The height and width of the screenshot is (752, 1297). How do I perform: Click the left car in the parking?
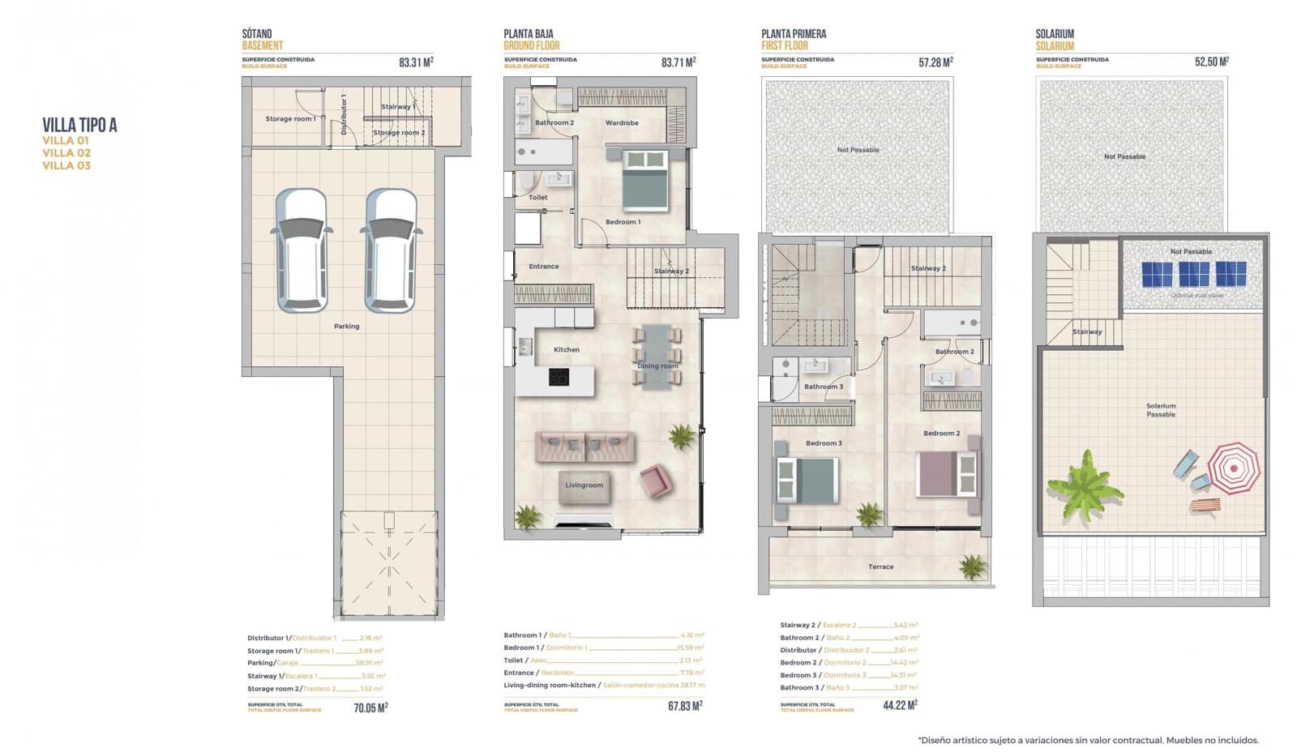coord(302,250)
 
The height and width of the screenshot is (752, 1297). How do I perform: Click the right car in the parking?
coord(392,250)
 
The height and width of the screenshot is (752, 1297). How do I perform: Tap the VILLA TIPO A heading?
coord(79,125)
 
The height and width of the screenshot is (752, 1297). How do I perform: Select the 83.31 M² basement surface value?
coord(416,62)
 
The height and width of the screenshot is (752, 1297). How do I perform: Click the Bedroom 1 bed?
coord(645,182)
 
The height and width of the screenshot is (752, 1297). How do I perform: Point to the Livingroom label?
coord(584,485)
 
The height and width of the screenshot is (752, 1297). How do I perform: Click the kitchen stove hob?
coord(559,377)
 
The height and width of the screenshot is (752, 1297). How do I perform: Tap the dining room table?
coord(657,357)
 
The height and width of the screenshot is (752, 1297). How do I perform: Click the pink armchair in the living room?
coord(655,481)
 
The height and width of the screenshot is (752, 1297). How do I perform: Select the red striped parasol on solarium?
coord(1234,468)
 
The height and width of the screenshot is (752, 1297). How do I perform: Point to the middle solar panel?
coord(1194,274)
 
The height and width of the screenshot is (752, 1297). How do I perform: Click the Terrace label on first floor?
coord(880,567)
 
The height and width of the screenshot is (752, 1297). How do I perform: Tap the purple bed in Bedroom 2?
coord(945,474)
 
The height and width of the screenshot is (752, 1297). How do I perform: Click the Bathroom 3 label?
coord(823,387)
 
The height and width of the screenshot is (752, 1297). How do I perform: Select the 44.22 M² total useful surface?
coord(900,706)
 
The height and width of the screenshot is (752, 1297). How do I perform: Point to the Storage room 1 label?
coord(290,119)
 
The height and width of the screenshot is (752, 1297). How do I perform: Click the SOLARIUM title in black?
coord(1054,34)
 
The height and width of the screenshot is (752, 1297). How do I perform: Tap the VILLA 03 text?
coord(66,165)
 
